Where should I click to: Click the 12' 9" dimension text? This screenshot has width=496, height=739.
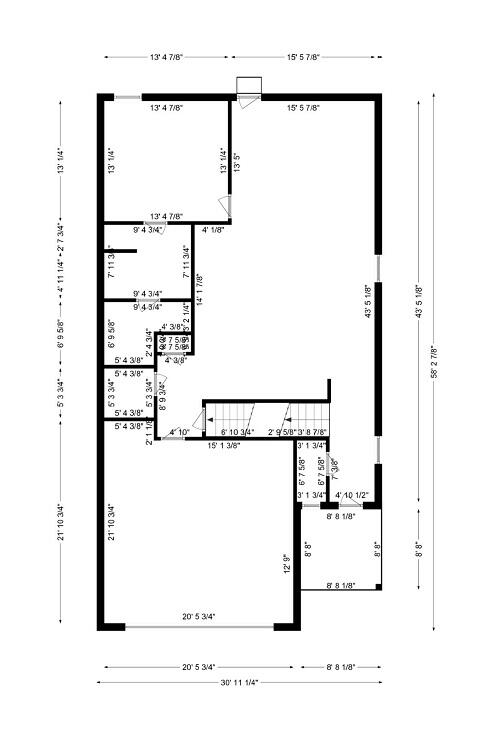click(286, 564)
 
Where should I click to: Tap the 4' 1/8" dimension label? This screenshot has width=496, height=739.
click(213, 230)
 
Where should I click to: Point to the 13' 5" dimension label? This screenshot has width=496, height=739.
click(237, 161)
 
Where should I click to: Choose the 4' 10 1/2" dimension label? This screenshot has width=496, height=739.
click(353, 496)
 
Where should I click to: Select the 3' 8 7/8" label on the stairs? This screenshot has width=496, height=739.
click(312, 432)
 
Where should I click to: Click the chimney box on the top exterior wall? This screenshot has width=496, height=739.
click(247, 87)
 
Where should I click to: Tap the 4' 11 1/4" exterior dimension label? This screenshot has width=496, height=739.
click(61, 272)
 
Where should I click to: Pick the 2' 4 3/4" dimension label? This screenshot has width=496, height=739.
click(149, 342)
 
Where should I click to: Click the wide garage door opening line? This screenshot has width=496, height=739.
click(199, 627)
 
